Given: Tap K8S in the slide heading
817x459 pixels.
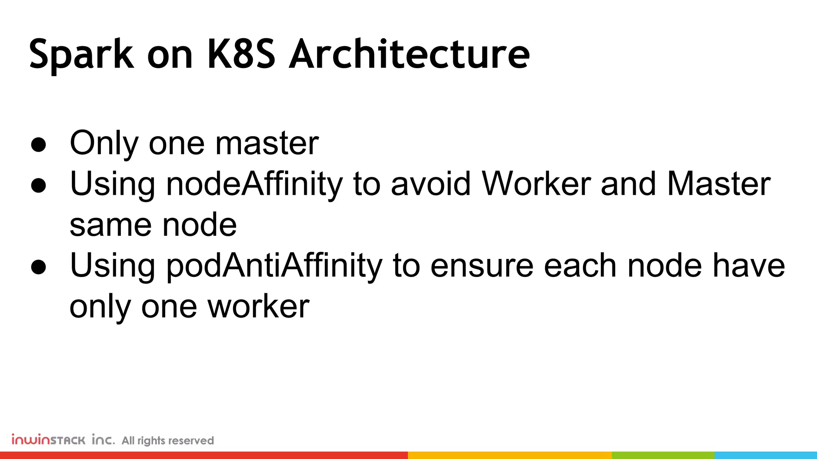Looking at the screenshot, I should tap(241, 54).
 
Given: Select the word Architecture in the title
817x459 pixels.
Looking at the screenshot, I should tap(409, 54).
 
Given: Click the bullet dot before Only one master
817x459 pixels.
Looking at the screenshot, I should tap(39, 145).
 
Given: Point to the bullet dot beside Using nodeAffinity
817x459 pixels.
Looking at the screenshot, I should tap(39, 186).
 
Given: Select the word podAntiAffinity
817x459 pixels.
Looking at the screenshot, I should tap(274, 266).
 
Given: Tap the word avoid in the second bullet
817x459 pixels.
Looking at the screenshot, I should tap(431, 184).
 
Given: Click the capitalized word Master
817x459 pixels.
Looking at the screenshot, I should tap(718, 184).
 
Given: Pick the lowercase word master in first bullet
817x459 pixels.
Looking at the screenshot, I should tap(267, 143).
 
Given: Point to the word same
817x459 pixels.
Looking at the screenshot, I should tap(111, 225).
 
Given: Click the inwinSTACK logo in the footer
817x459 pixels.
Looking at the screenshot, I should tap(63, 440).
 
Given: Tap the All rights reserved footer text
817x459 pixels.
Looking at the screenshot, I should tap(168, 441).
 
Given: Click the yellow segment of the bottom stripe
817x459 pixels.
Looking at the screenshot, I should tap(510, 455).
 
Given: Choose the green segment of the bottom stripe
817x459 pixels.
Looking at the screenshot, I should tap(663, 455).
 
